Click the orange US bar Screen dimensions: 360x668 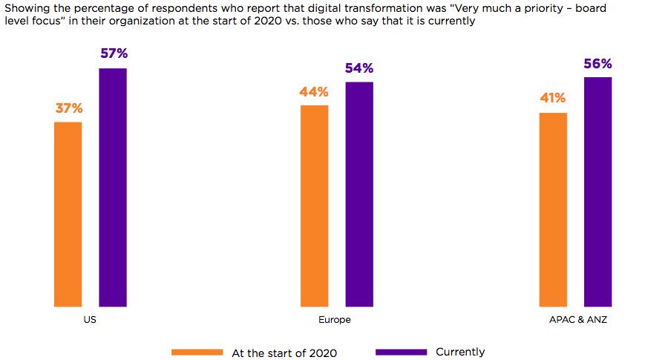pyautogui.click(x=68, y=214)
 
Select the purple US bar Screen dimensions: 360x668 pyautogui.click(x=113, y=187)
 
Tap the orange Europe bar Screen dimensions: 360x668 pyautogui.click(x=314, y=206)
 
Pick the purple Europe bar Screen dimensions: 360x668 pyautogui.click(x=359, y=194)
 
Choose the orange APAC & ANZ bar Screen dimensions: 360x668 pyautogui.click(x=553, y=209)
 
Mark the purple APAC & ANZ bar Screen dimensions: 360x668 pyautogui.click(x=598, y=192)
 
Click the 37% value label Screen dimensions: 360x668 pyautogui.click(x=68, y=108)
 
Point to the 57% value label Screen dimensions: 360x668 pyautogui.click(x=113, y=54)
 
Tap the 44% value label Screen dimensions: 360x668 pyautogui.click(x=314, y=92)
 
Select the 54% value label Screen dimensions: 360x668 pyautogui.click(x=359, y=68)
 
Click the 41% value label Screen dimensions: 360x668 pyautogui.click(x=553, y=98)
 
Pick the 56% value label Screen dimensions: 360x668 pyautogui.click(x=597, y=64)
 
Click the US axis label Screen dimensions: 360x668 pyautogui.click(x=90, y=320)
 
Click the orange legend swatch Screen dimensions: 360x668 pyautogui.click(x=197, y=352)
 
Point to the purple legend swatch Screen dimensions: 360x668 pyautogui.click(x=401, y=352)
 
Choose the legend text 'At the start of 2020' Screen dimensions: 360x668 pyautogui.click(x=284, y=353)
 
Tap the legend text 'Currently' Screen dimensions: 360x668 pyautogui.click(x=460, y=352)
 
